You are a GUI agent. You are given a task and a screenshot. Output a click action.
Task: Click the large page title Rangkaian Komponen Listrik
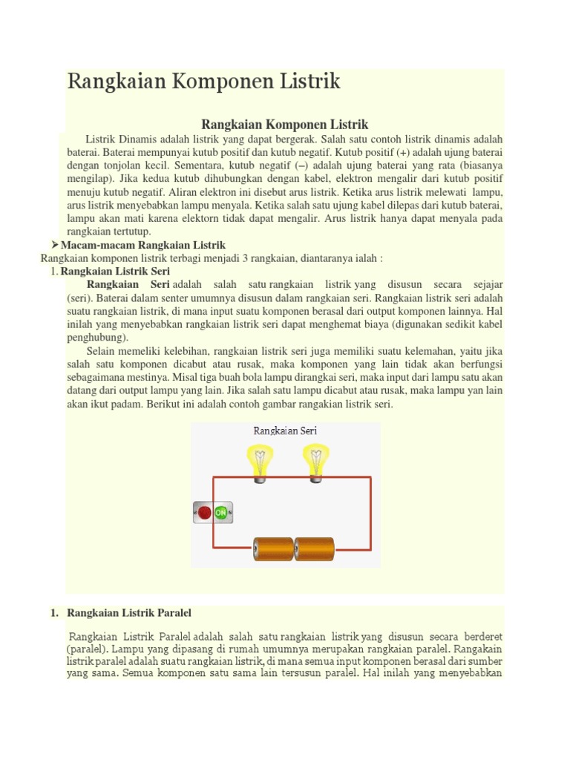(203, 82)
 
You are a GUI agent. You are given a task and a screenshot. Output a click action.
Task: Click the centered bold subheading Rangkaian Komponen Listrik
(285, 124)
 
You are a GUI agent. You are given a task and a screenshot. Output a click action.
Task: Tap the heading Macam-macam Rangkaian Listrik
(142, 245)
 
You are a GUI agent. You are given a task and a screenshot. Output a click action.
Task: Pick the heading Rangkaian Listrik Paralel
(129, 613)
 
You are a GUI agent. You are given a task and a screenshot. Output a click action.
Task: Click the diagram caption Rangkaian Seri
(285, 430)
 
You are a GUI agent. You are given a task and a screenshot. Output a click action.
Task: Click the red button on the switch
(204, 512)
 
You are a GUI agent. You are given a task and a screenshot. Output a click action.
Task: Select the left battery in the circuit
(274, 549)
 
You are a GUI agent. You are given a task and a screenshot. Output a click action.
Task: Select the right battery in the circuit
(315, 549)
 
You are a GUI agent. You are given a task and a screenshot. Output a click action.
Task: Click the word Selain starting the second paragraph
(102, 351)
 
